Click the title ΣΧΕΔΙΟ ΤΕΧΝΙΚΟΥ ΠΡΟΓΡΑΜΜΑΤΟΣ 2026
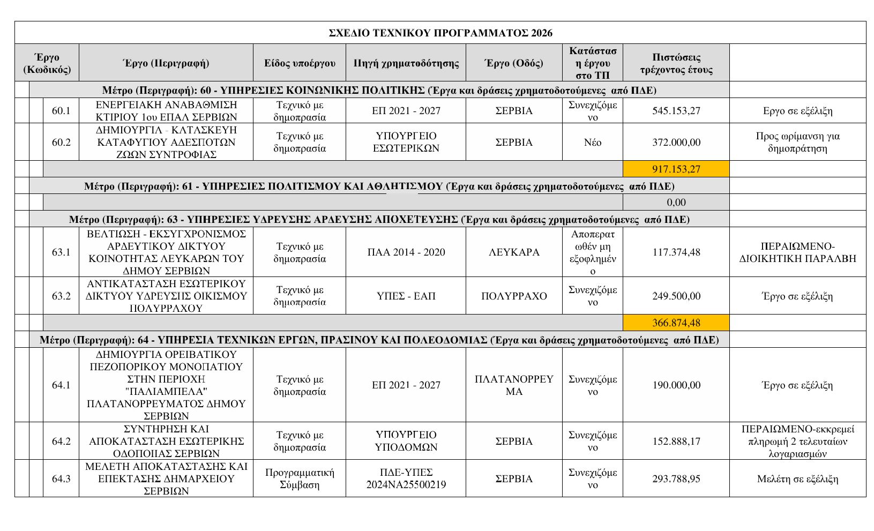point(440,33)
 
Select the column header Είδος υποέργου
point(300,63)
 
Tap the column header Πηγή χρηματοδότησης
point(406,63)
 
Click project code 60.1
point(61,111)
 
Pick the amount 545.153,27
point(676,111)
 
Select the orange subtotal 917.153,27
point(676,169)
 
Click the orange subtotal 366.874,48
point(676,323)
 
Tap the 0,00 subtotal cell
point(676,203)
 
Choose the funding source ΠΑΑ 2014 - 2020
point(406,252)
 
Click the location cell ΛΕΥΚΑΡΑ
point(514,252)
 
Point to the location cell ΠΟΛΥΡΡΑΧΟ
point(514,296)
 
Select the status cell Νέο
point(592,143)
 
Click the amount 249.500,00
point(676,296)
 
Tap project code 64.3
point(61,479)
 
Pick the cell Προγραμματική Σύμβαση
point(300,479)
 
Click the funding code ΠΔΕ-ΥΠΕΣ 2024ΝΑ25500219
point(406,479)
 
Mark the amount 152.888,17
point(676,442)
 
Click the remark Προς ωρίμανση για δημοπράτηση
point(797,143)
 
